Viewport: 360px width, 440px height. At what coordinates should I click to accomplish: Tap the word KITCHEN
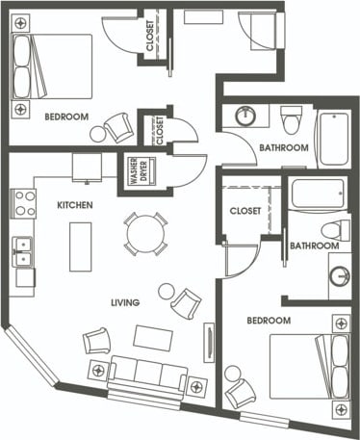click(x=74, y=205)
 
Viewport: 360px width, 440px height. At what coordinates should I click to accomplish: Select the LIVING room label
click(x=125, y=302)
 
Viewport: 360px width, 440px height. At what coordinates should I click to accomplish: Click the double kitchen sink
click(x=21, y=250)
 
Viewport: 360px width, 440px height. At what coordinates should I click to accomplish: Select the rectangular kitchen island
click(x=80, y=246)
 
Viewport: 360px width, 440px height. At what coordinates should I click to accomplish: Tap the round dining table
click(x=144, y=233)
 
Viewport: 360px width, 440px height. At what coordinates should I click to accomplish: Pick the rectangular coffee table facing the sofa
click(x=152, y=337)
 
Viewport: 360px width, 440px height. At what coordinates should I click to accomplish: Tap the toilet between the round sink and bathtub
click(x=292, y=120)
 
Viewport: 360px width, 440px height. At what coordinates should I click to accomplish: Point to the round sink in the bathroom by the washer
click(x=246, y=116)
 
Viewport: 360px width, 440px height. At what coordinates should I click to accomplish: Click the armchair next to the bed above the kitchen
click(x=119, y=127)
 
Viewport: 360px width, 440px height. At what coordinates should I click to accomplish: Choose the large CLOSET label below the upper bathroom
click(x=245, y=211)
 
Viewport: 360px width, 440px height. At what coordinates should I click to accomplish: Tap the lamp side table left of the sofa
click(x=96, y=370)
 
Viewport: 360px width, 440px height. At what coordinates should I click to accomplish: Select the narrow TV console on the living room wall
click(x=208, y=343)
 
